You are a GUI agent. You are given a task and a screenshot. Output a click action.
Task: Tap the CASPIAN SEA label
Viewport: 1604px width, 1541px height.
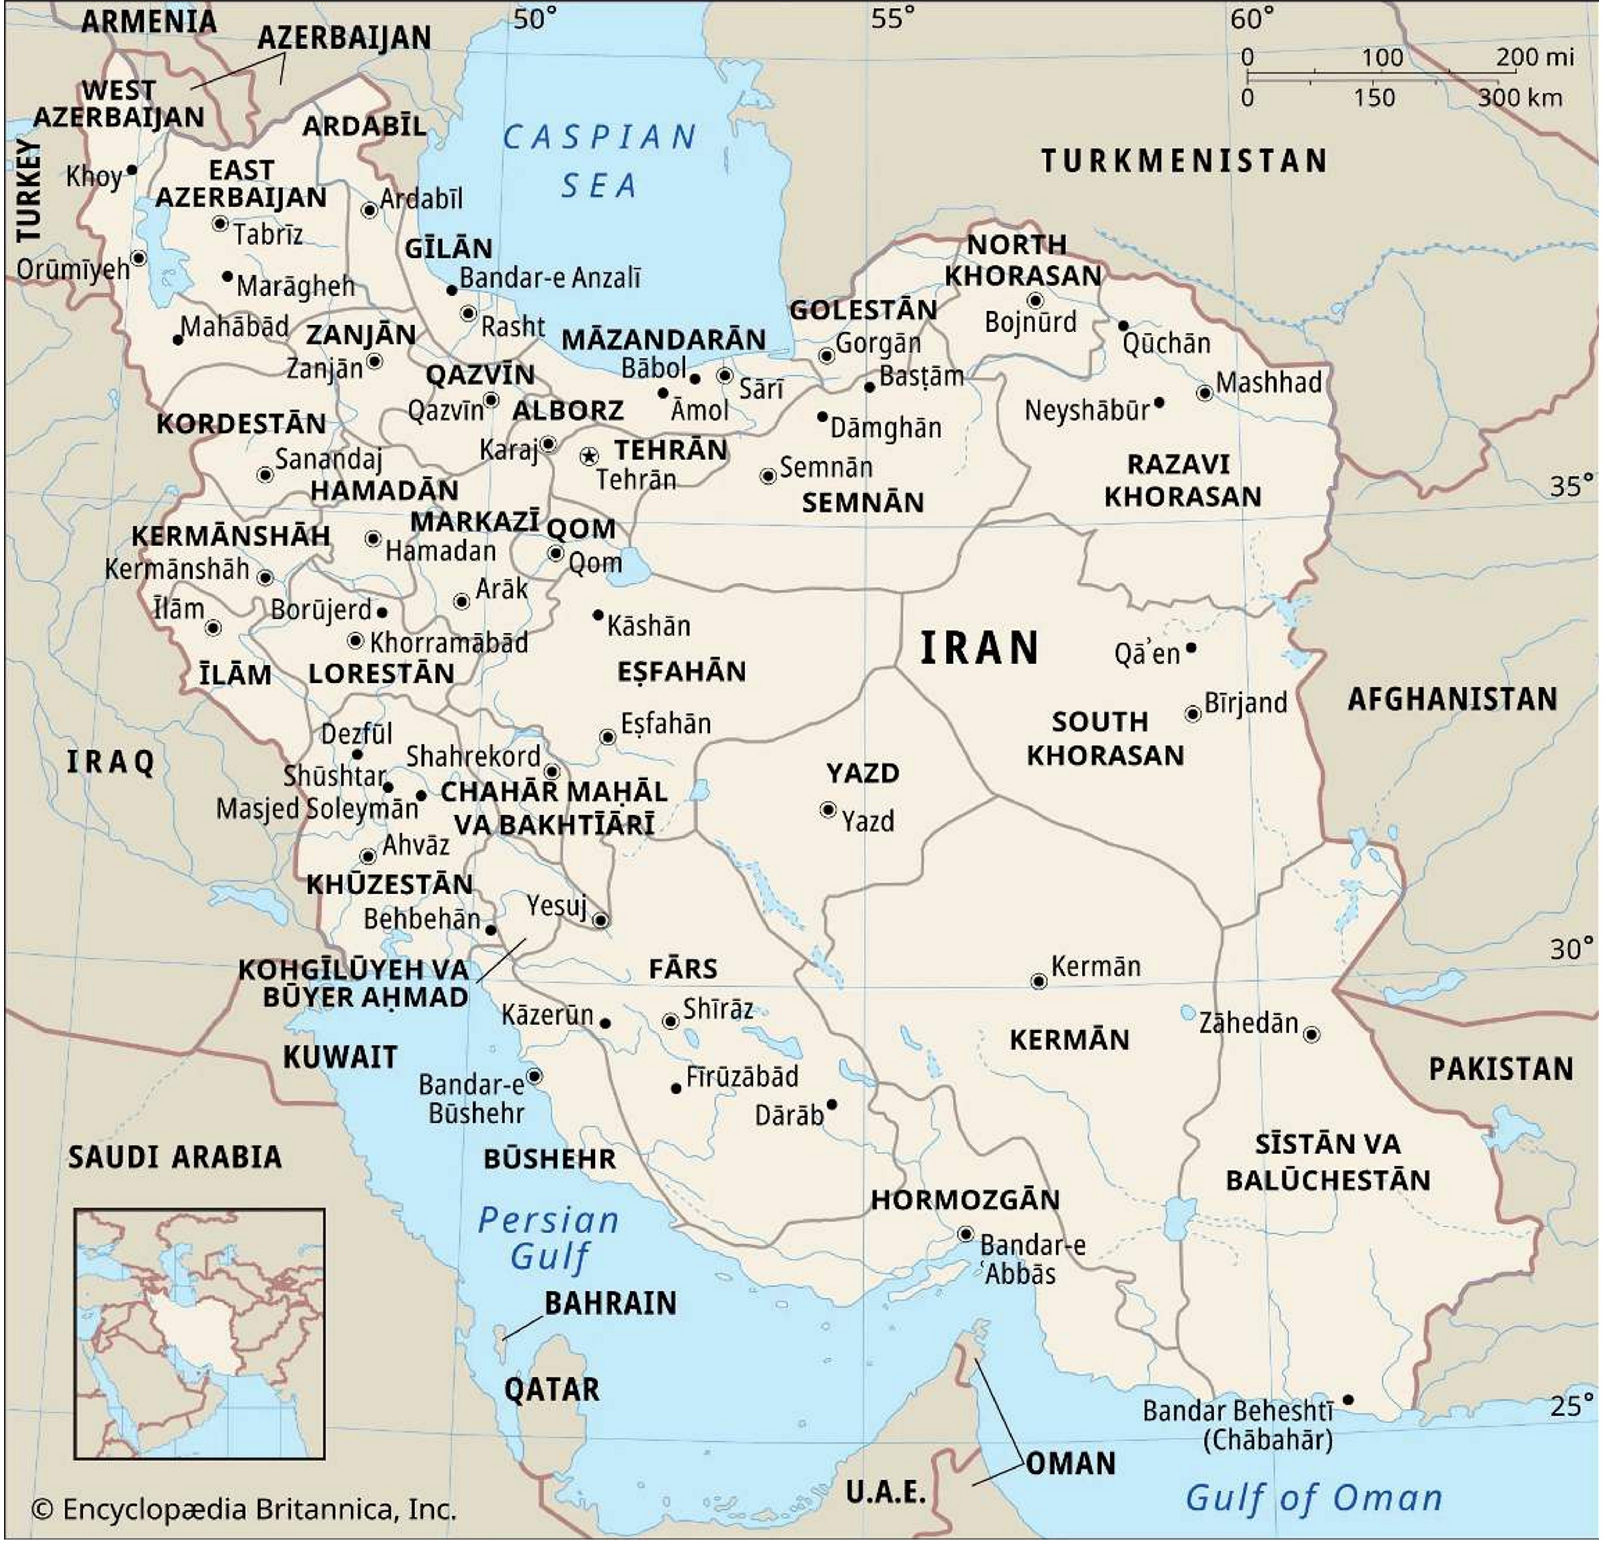point(600,161)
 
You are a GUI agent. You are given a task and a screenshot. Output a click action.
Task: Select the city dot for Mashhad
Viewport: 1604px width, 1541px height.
point(1205,393)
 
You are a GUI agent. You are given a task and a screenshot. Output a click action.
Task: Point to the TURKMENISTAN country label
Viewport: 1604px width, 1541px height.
point(1184,161)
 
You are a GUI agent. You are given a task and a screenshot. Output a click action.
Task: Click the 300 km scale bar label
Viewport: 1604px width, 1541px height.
point(1520,98)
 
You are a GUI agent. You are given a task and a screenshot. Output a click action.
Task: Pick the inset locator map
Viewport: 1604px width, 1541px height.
point(200,1333)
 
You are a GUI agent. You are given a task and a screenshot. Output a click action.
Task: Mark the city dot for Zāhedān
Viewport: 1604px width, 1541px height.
point(1312,1034)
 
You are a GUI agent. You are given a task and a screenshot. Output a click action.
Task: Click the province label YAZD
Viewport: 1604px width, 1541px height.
point(863,772)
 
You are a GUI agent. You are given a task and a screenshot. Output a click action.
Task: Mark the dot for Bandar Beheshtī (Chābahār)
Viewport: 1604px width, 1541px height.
point(1348,1400)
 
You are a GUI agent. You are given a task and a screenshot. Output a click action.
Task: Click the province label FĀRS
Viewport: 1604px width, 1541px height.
point(683,969)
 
